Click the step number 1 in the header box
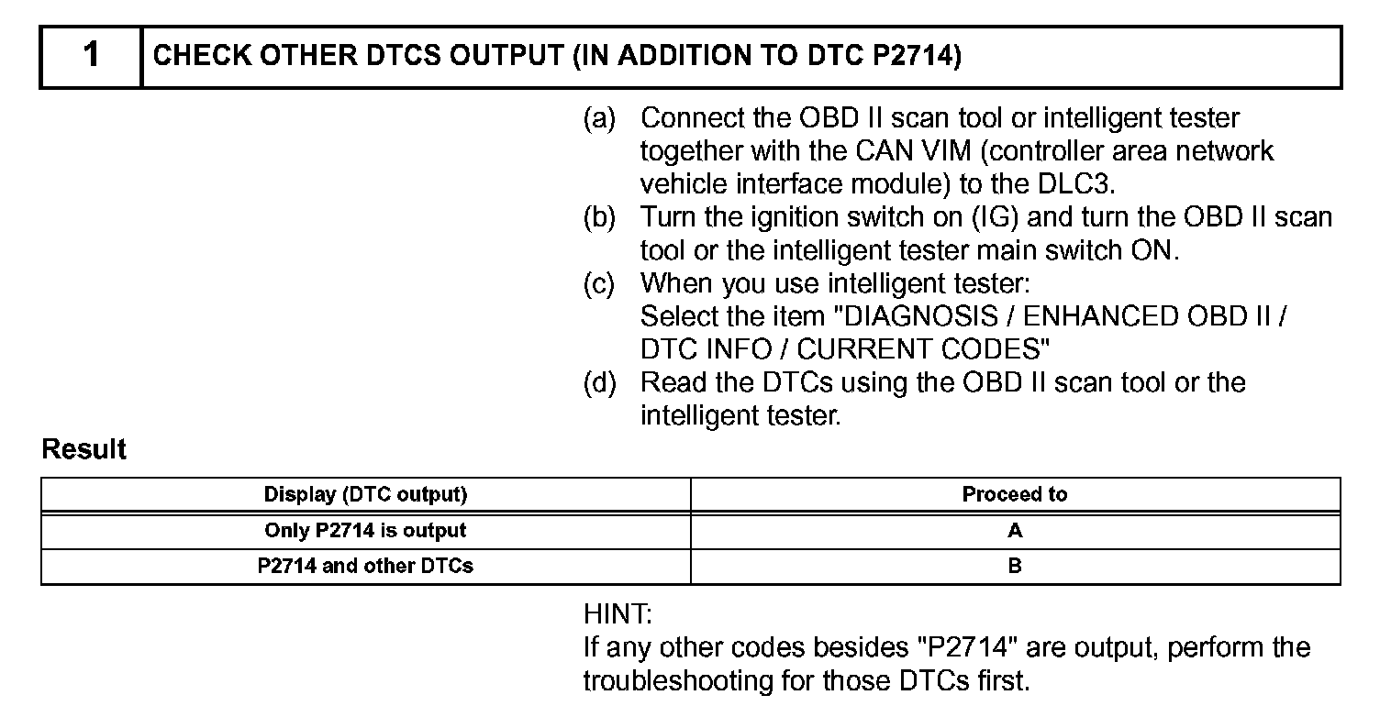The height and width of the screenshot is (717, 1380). [x=91, y=56]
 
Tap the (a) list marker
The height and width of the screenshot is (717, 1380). [x=599, y=118]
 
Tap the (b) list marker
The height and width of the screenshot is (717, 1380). [x=599, y=217]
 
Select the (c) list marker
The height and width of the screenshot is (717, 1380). [x=599, y=283]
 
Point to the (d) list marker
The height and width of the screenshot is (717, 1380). [x=599, y=382]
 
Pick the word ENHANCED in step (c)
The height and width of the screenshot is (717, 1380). [x=1098, y=316]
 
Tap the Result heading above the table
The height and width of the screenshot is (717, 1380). [x=84, y=450]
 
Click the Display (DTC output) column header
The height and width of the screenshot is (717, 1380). [x=365, y=495]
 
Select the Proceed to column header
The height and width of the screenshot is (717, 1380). [x=1015, y=495]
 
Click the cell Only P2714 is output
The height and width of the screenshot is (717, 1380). [x=365, y=531]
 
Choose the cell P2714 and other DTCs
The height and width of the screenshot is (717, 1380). [x=365, y=567]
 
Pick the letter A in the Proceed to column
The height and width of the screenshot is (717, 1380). [x=1015, y=531]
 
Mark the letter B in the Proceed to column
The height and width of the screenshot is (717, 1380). [x=1015, y=567]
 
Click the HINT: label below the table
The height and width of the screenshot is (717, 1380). [x=618, y=613]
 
